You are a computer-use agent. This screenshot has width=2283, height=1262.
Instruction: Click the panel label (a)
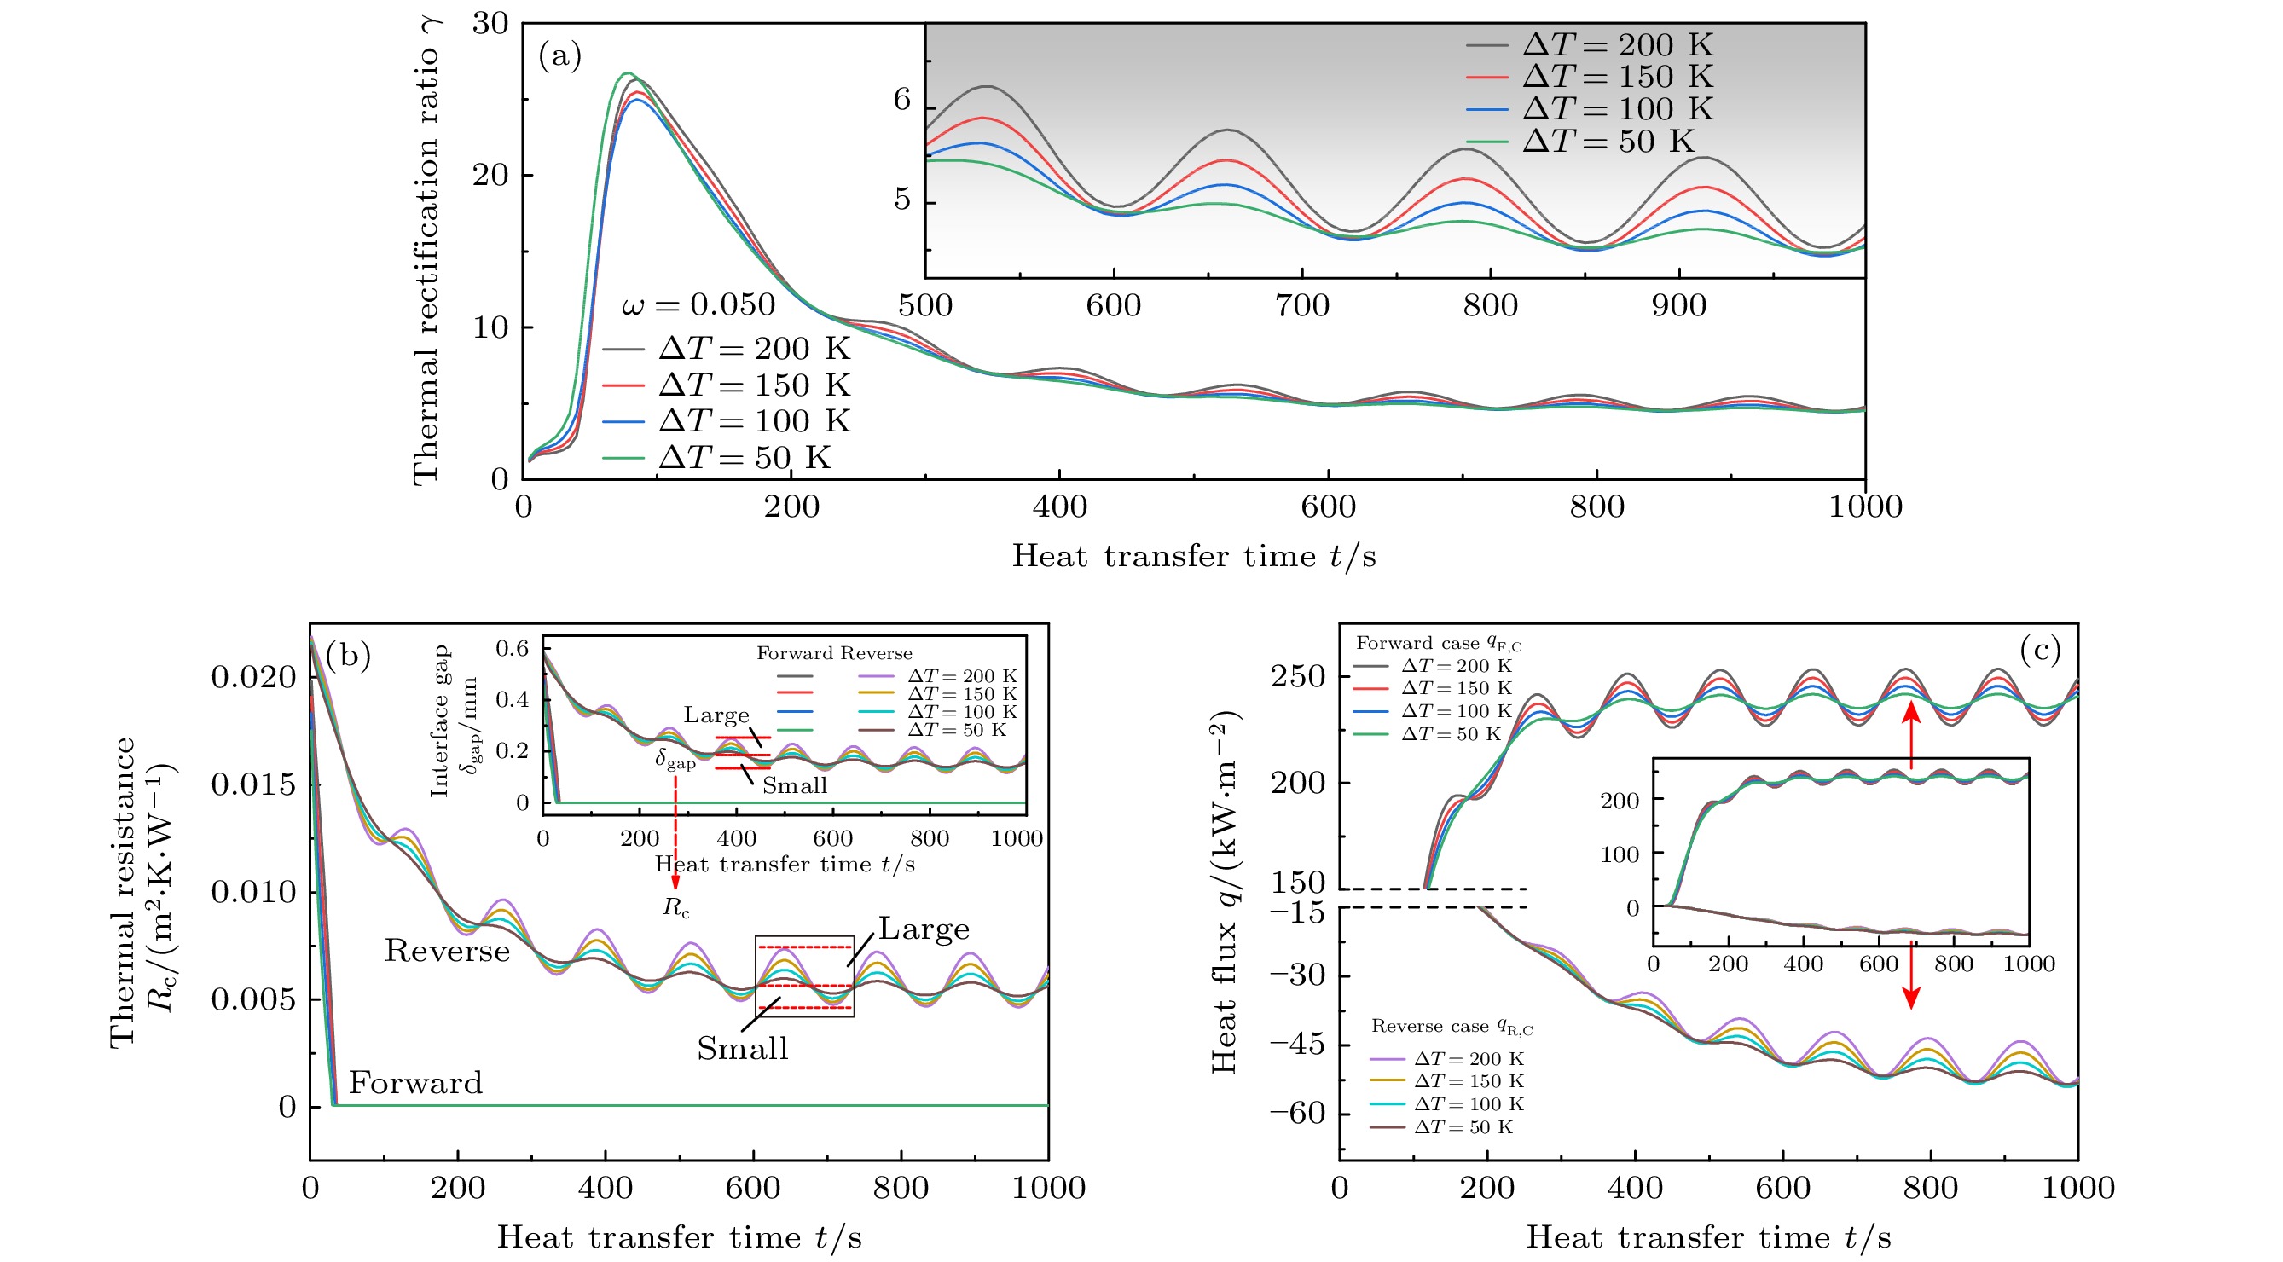point(559,57)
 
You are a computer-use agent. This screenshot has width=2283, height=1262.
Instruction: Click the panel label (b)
point(347,655)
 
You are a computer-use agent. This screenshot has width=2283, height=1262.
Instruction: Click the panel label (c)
point(2040,650)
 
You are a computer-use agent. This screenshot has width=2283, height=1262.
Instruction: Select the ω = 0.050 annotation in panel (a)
point(698,305)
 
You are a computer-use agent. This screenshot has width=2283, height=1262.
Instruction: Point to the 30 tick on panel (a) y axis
point(490,24)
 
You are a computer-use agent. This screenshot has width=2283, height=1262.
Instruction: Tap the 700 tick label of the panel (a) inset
point(1302,306)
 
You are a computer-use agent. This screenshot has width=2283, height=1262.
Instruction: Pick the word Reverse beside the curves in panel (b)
point(447,951)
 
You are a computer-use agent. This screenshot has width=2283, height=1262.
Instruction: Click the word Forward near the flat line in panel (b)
point(414,1083)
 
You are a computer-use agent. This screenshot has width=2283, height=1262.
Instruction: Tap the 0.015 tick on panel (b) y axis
point(253,784)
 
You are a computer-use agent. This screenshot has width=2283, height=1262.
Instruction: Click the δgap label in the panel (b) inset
point(675,761)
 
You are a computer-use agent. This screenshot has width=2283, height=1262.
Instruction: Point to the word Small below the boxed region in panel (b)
point(742,1050)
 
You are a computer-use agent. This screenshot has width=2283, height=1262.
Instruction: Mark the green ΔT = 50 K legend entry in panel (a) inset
point(1607,142)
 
